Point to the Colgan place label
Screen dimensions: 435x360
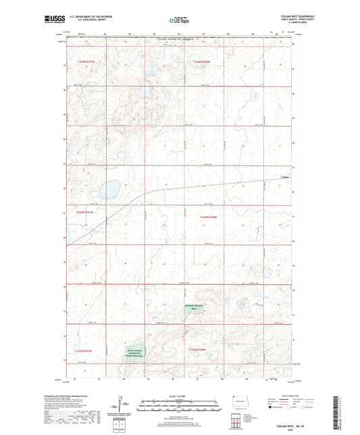284,178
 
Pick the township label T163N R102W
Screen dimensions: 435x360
208,217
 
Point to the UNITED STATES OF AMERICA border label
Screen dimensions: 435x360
180,41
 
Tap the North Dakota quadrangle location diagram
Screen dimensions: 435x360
236,405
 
